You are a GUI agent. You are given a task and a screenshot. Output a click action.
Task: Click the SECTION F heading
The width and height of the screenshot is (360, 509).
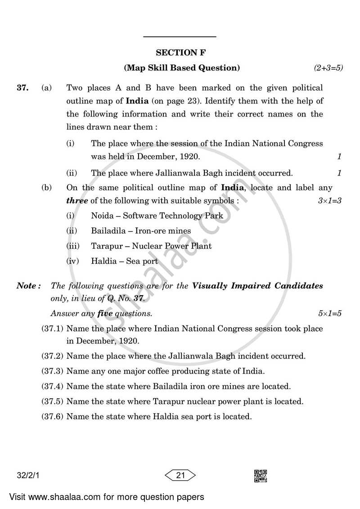click(180, 53)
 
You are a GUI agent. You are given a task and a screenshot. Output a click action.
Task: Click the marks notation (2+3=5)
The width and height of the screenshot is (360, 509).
click(328, 68)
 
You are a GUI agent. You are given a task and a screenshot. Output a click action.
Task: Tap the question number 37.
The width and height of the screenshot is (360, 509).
click(23, 88)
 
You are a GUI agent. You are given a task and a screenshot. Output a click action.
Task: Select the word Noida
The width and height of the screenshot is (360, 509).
click(102, 216)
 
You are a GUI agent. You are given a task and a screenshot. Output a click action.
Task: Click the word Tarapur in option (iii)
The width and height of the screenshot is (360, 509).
click(106, 246)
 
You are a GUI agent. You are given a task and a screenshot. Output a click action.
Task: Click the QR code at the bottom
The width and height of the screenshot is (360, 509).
click(261, 476)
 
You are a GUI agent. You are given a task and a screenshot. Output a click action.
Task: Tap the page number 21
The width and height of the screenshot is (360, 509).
click(180, 475)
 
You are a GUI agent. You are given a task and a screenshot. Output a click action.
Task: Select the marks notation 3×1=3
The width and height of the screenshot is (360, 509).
click(329, 201)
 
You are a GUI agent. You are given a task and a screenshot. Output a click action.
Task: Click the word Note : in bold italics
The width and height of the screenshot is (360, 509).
click(29, 286)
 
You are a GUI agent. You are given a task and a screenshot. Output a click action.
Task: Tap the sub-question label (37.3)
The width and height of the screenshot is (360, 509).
click(52, 371)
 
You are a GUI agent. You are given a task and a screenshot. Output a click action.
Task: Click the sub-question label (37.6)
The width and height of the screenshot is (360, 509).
click(52, 417)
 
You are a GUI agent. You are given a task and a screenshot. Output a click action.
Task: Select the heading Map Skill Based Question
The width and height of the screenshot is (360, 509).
click(182, 68)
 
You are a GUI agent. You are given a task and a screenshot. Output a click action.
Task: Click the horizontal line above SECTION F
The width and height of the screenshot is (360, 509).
click(180, 36)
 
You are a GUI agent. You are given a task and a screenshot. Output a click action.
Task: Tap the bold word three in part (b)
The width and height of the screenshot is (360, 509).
click(77, 201)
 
